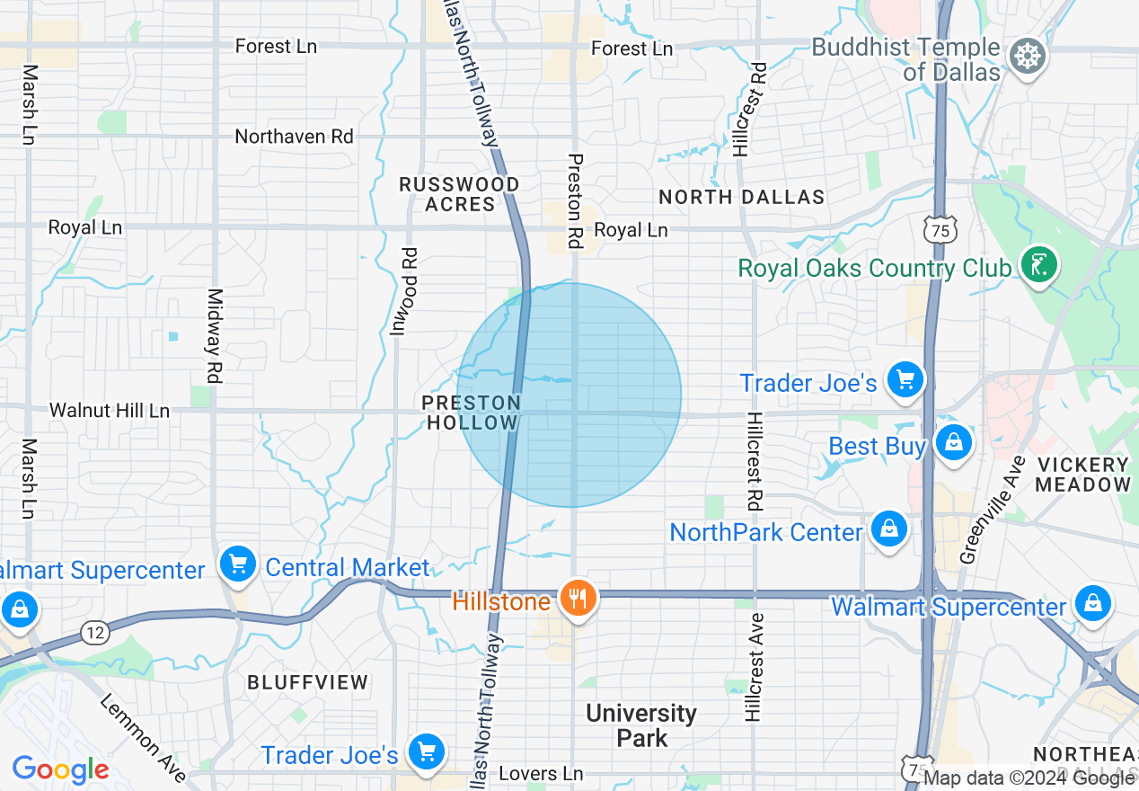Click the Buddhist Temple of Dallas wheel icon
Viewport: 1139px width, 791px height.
pyautogui.click(x=1026, y=56)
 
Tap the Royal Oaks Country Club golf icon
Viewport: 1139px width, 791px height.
pyautogui.click(x=1039, y=265)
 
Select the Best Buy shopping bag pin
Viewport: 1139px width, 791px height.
pyautogui.click(x=953, y=442)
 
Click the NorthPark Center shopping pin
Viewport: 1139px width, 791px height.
pyautogui.click(x=888, y=529)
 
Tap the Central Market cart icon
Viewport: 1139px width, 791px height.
pyautogui.click(x=238, y=564)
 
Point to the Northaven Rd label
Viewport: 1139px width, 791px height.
pyautogui.click(x=294, y=137)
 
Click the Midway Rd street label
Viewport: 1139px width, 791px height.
pyautogui.click(x=214, y=335)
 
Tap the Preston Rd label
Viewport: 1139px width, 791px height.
pyautogui.click(x=575, y=200)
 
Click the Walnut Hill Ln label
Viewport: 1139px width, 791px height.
pyautogui.click(x=109, y=411)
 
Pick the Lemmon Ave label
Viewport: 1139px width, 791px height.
pyautogui.click(x=142, y=738)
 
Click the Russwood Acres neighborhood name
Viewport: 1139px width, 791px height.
pyautogui.click(x=459, y=194)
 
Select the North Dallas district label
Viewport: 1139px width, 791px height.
pyautogui.click(x=741, y=197)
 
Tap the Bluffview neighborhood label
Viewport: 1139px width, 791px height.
pyautogui.click(x=308, y=682)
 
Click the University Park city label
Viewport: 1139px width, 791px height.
pyautogui.click(x=640, y=725)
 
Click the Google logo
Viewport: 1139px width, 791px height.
pyautogui.click(x=60, y=769)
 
